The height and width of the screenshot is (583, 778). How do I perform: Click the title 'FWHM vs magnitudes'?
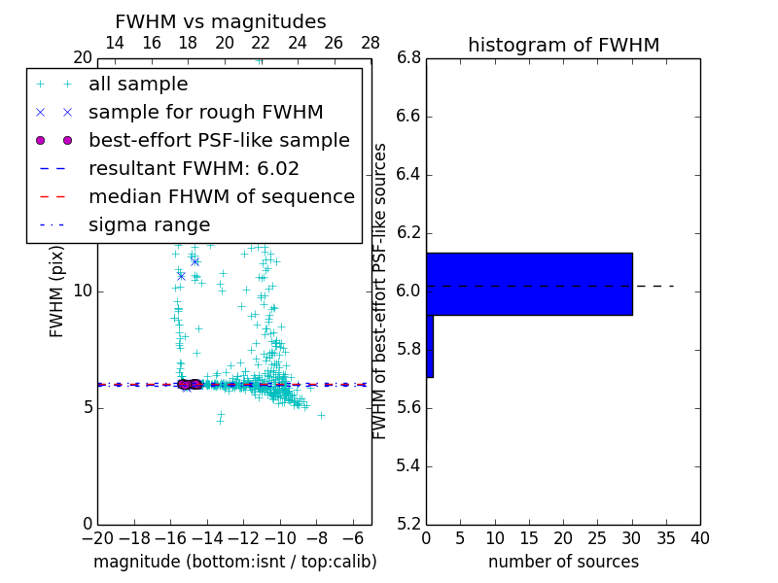221,22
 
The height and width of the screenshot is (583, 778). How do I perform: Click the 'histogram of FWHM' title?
563,45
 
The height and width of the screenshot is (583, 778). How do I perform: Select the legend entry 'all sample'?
138,85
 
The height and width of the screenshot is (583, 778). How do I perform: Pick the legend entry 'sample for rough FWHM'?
205,113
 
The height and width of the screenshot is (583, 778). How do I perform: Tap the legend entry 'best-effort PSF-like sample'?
219,141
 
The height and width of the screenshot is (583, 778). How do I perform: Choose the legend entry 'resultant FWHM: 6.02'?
194,169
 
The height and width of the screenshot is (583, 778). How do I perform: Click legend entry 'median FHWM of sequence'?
221,197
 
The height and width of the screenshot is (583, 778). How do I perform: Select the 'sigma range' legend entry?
149,225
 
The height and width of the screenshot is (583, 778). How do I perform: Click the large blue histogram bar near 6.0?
529,284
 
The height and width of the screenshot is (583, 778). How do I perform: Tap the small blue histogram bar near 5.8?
430,346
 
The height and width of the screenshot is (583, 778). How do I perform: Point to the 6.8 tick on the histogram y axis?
407,58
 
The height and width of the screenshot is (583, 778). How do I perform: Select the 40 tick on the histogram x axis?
699,539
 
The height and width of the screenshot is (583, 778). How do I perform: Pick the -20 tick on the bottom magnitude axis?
97,539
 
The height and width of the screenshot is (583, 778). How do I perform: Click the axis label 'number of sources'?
563,562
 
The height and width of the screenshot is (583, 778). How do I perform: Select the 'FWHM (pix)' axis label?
57,291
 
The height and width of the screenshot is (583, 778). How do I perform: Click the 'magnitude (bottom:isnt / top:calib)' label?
234,562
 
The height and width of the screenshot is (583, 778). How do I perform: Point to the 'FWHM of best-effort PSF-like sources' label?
381,291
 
